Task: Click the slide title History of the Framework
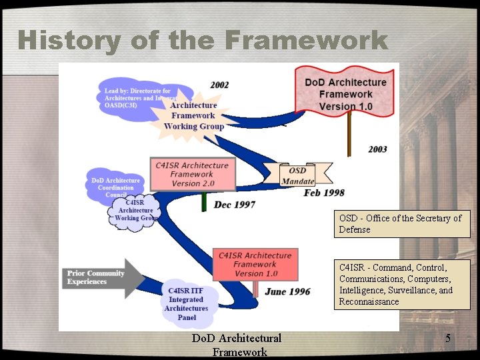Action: point(203,41)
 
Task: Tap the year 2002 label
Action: point(219,85)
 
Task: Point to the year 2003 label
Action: point(377,149)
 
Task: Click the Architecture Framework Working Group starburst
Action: point(194,115)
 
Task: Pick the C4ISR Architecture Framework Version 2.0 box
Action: point(191,174)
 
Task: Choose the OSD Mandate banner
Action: point(297,176)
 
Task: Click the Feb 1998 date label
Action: point(324,193)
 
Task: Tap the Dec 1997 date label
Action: point(234,205)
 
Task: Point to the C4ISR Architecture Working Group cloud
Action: point(135,210)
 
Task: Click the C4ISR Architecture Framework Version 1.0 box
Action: point(255,264)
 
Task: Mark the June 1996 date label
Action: point(287,291)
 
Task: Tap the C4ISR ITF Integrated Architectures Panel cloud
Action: point(186,303)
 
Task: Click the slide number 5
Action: point(448,339)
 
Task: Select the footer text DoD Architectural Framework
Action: point(237,345)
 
